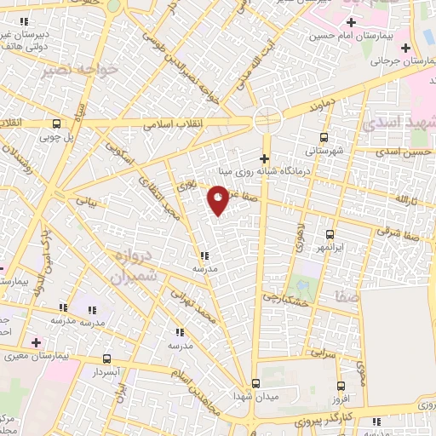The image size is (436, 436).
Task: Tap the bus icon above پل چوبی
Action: coord(55,123)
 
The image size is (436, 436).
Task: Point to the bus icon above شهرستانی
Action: coord(324,137)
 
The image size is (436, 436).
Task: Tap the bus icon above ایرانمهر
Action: coord(330,233)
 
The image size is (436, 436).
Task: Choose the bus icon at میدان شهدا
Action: coord(255,384)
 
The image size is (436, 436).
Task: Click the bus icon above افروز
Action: coord(341,387)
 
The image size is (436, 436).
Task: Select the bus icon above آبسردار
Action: coord(106,359)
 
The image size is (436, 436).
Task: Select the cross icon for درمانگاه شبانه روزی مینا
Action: coord(265,158)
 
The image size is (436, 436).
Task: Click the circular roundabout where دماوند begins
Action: coord(267,119)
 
